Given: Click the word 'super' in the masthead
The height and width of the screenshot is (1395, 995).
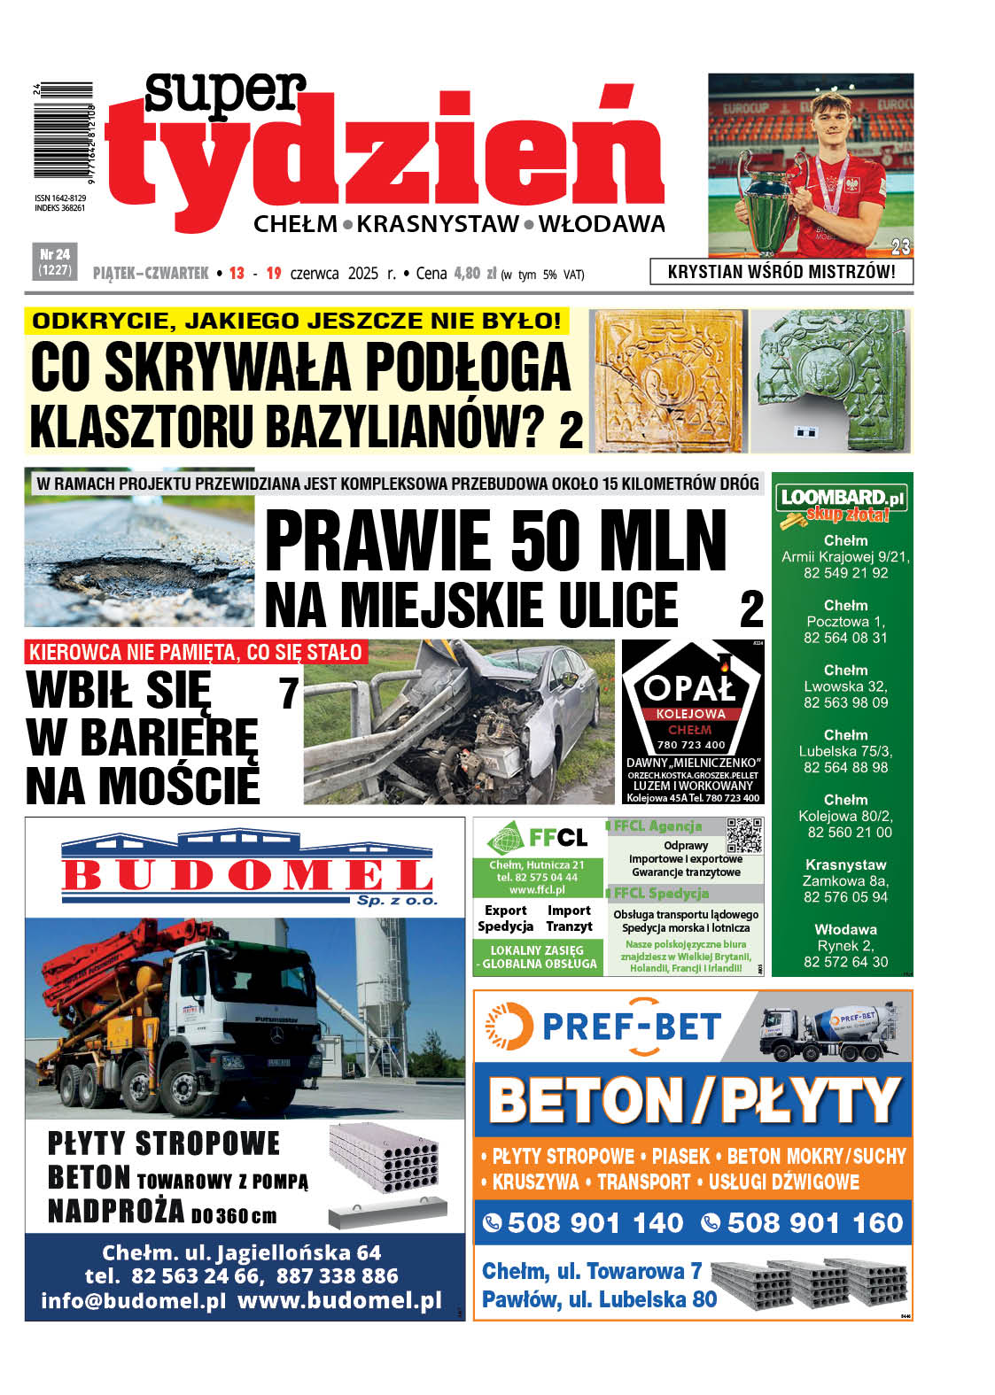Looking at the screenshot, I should tap(225, 95).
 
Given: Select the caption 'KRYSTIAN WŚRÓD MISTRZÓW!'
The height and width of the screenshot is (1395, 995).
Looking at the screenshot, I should tap(781, 272).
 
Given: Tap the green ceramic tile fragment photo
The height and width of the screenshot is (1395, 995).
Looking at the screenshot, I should tap(831, 381).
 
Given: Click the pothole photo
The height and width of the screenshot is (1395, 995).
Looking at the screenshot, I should tap(139, 561).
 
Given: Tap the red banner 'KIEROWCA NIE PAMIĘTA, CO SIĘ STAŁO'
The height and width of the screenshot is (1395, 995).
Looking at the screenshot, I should tap(196, 653).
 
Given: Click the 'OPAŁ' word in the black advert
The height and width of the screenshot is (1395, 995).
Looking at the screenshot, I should tap(690, 687).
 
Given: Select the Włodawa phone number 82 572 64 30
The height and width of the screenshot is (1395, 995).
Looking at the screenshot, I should tap(845, 962).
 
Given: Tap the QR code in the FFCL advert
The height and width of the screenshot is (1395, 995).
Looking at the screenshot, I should tap(743, 835).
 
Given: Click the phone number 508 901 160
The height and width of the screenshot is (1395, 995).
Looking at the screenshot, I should tap(814, 1223).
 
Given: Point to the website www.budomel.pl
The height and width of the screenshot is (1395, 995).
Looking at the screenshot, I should tap(339, 1301).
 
